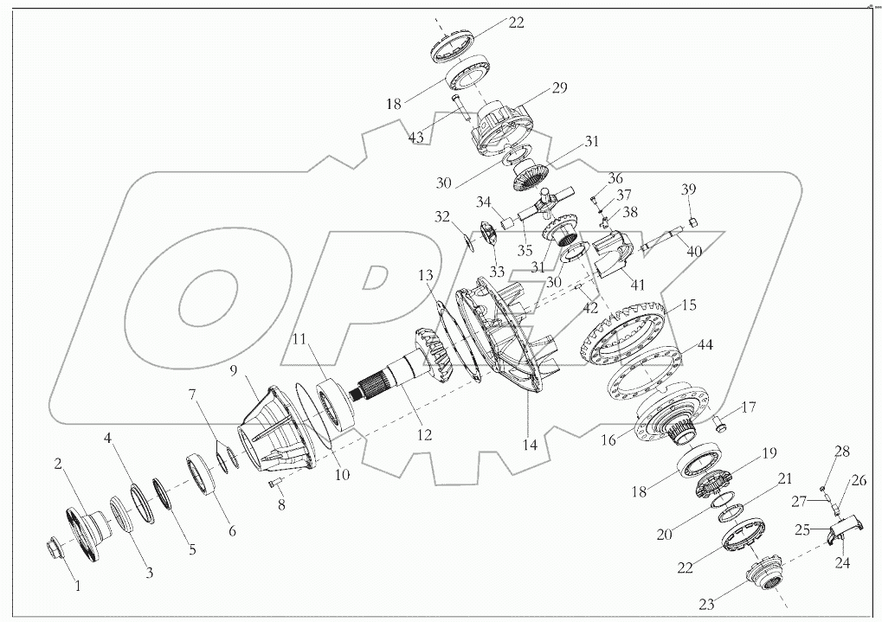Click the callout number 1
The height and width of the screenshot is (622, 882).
(x=77, y=586)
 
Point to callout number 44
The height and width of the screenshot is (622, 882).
(x=705, y=345)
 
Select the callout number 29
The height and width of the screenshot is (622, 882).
(x=560, y=89)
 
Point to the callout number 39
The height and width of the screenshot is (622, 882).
(x=688, y=189)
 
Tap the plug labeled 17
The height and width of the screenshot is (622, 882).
(x=720, y=423)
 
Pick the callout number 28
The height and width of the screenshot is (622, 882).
(x=842, y=451)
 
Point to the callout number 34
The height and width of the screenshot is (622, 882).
(x=482, y=202)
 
